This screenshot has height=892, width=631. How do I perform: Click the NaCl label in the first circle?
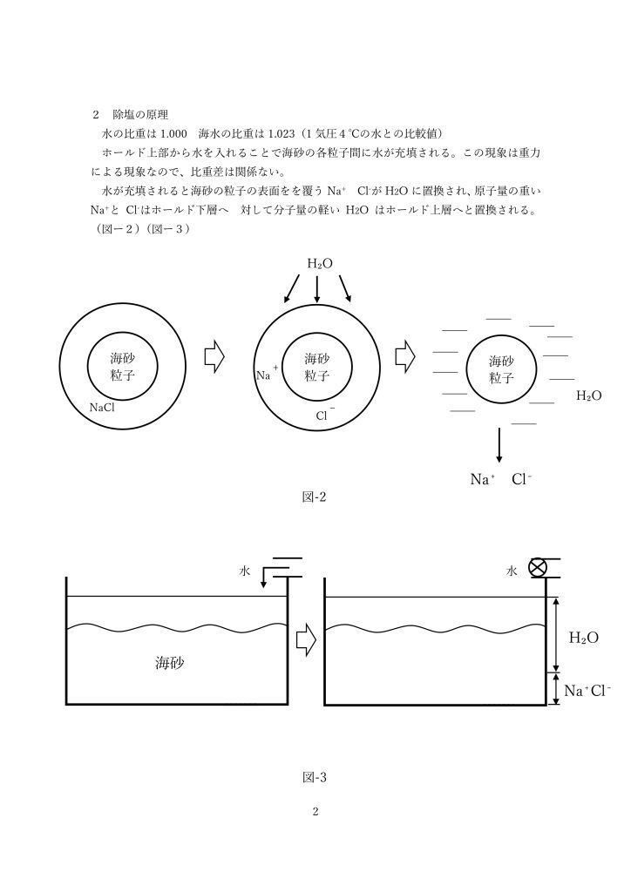102,408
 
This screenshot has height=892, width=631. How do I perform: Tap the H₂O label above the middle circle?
320,263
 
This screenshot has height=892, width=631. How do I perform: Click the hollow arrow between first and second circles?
214,357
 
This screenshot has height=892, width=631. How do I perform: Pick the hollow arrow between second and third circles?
405,357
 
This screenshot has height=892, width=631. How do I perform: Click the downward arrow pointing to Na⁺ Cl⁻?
499,444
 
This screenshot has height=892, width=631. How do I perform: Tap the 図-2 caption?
314,497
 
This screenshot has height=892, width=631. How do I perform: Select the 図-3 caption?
314,777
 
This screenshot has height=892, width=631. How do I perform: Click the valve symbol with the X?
537,568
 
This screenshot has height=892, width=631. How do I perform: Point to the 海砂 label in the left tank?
170,663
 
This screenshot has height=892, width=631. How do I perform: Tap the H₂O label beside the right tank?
584,638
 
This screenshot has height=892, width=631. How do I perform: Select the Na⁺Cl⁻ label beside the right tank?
587,691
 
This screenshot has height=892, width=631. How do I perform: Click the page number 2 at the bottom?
315,811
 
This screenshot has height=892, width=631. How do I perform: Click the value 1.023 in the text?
282,133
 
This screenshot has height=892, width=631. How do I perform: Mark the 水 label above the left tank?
244,571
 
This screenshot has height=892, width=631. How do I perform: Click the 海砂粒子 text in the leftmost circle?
122,366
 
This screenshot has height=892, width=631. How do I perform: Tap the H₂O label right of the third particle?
588,395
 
